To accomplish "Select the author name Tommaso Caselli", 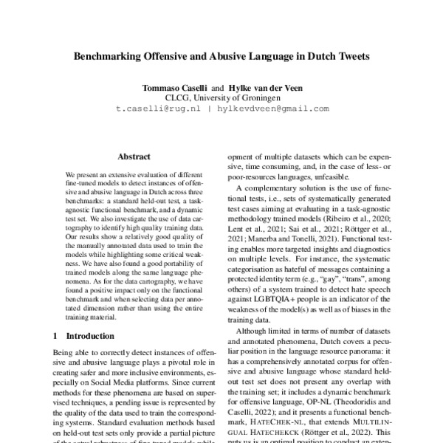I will click(175, 87).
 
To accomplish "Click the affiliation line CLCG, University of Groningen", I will click(221, 97).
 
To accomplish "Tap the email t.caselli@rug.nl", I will click(157, 109).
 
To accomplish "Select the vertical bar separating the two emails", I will click(210, 109).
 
